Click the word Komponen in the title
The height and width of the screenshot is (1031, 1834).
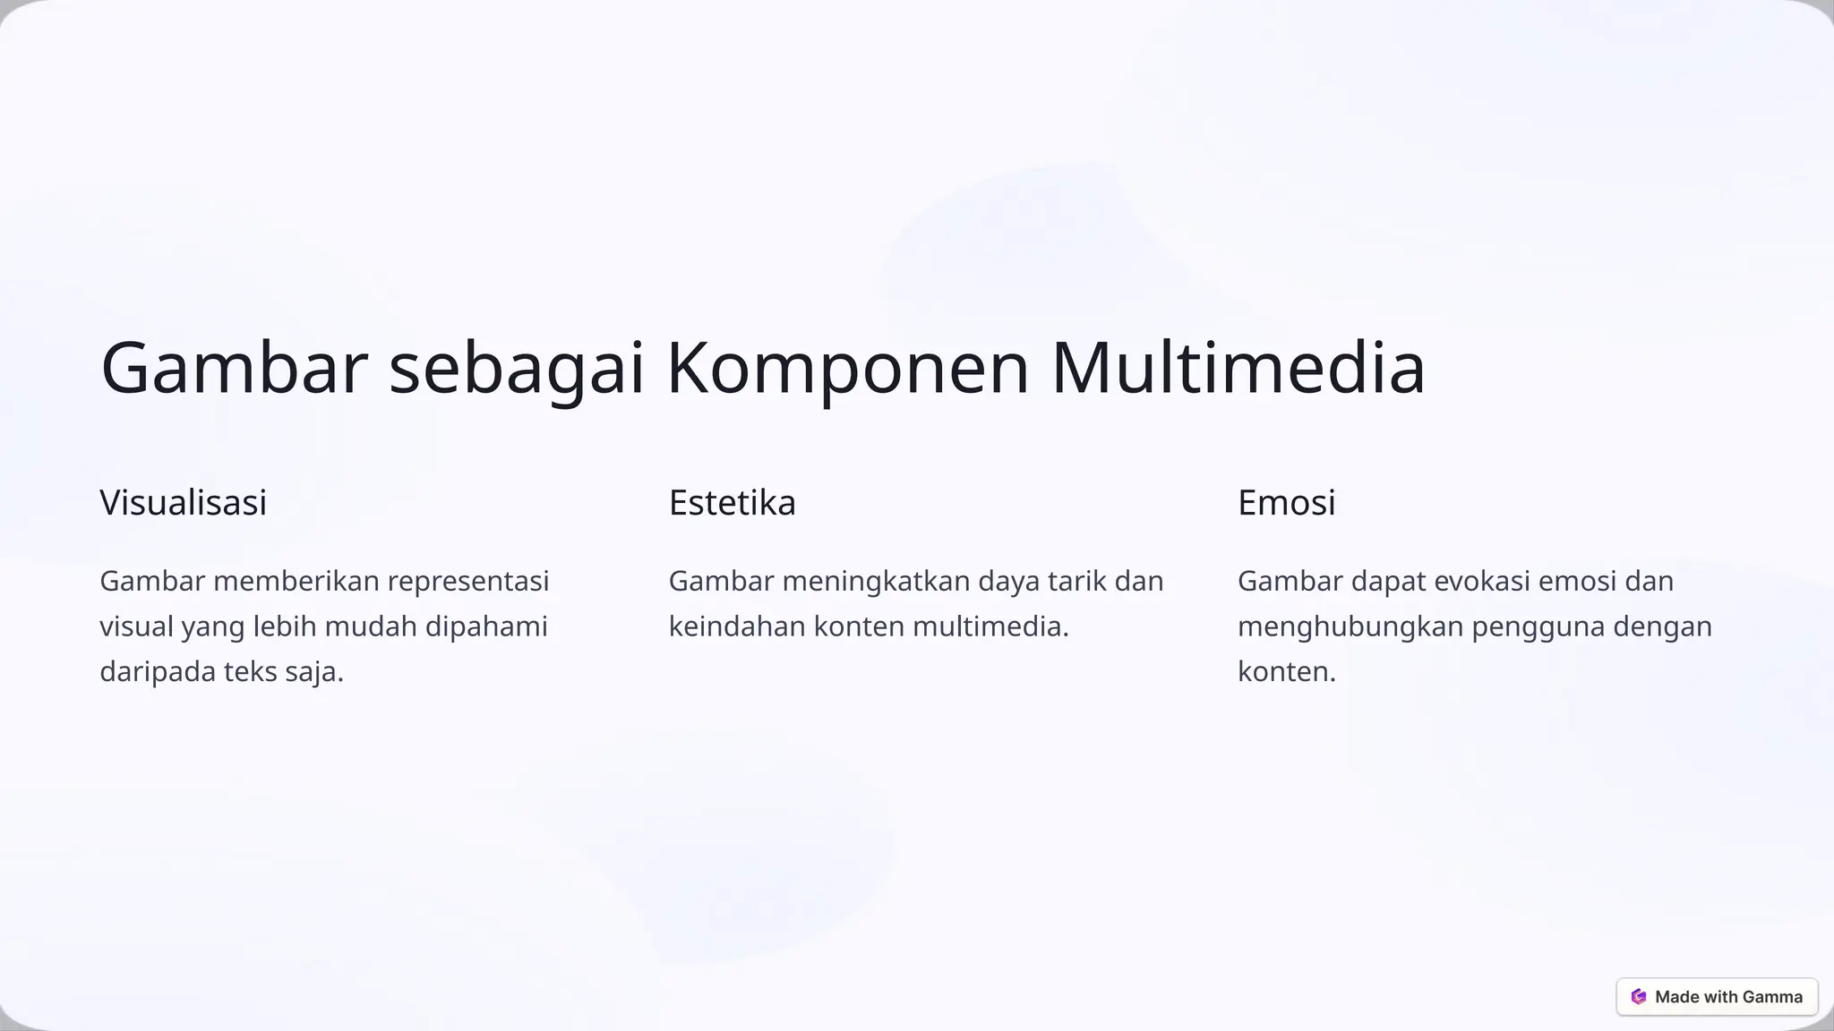[847, 368]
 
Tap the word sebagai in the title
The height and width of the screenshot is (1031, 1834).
[517, 368]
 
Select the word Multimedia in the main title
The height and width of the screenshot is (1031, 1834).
[1238, 368]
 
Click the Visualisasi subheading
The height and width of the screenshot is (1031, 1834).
[183, 502]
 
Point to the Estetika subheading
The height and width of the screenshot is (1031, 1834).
[732, 502]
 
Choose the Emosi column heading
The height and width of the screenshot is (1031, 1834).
[1286, 502]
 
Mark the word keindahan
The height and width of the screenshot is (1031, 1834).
[737, 626]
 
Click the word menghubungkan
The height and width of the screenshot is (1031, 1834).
[1350, 626]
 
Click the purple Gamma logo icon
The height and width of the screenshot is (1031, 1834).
[1639, 997]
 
